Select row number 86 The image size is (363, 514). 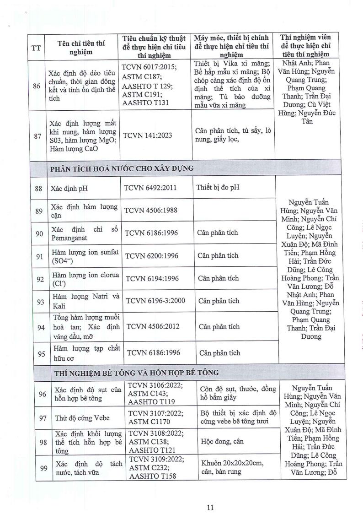36,85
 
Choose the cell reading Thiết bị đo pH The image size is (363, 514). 218,187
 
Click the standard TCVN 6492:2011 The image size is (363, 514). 150,188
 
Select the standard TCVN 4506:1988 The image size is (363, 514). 151,210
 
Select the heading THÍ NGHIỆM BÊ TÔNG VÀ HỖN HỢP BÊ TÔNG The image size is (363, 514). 136,373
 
